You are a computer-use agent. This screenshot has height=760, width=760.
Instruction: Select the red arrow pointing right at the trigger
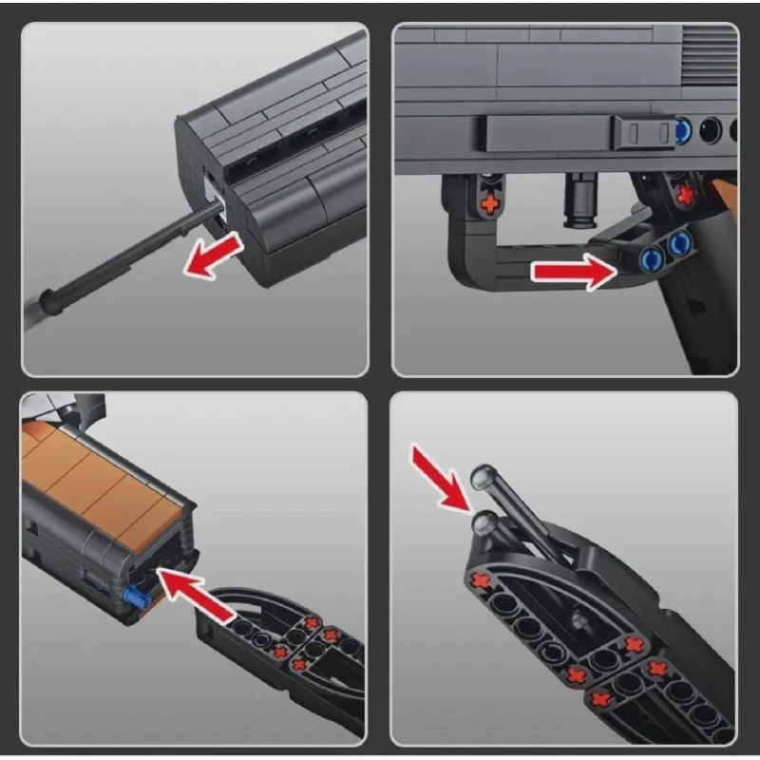click(571, 273)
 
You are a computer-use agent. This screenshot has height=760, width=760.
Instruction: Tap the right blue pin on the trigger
click(677, 245)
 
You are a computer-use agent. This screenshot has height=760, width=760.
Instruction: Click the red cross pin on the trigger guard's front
click(491, 202)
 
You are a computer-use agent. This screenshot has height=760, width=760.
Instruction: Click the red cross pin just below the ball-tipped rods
click(482, 579)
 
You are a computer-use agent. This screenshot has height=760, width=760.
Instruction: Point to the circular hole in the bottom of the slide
click(709, 129)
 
